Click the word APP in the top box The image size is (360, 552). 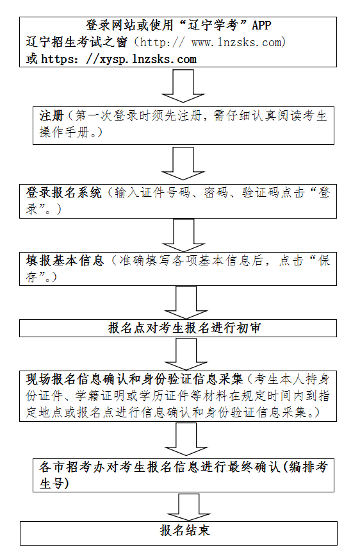click(x=261, y=26)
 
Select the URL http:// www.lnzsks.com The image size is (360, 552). click(x=213, y=42)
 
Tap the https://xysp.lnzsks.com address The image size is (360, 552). click(x=119, y=59)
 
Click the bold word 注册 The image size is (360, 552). click(x=51, y=115)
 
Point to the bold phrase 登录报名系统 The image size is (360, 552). click(x=63, y=192)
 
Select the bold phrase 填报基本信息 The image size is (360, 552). click(x=65, y=260)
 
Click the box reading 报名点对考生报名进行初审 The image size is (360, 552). click(x=178, y=328)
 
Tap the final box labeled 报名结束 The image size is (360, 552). click(x=179, y=533)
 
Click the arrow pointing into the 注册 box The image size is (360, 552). click(x=183, y=87)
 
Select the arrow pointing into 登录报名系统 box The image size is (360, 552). click(x=183, y=163)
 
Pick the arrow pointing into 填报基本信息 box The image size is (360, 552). click(x=184, y=235)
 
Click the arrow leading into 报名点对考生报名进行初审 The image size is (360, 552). click(x=186, y=303)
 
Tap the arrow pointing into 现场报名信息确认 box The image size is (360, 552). click(x=186, y=354)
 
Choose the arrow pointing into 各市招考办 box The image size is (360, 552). click(x=186, y=439)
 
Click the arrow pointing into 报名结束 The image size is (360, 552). click(x=189, y=507)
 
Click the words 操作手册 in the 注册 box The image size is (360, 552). click(x=64, y=132)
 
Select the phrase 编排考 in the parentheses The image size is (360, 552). click(x=308, y=467)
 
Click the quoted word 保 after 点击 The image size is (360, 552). click(x=324, y=260)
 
